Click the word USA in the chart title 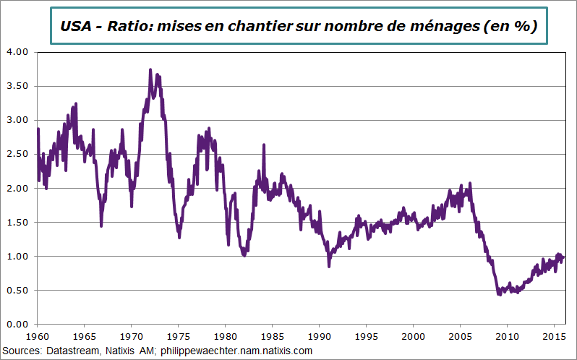tap(76, 27)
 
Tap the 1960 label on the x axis tap(37, 337)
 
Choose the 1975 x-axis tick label tap(178, 337)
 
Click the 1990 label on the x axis tap(319, 337)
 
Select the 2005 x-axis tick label tap(460, 337)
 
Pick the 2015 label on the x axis tap(553, 337)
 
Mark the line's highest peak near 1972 tap(150, 70)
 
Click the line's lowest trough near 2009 tap(499, 294)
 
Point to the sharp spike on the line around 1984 tap(263, 145)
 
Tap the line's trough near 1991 tap(329, 266)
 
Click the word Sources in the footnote tap(23, 351)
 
